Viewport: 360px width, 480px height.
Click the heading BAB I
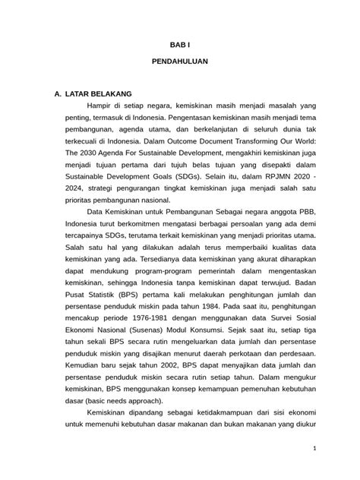coord(181,46)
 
